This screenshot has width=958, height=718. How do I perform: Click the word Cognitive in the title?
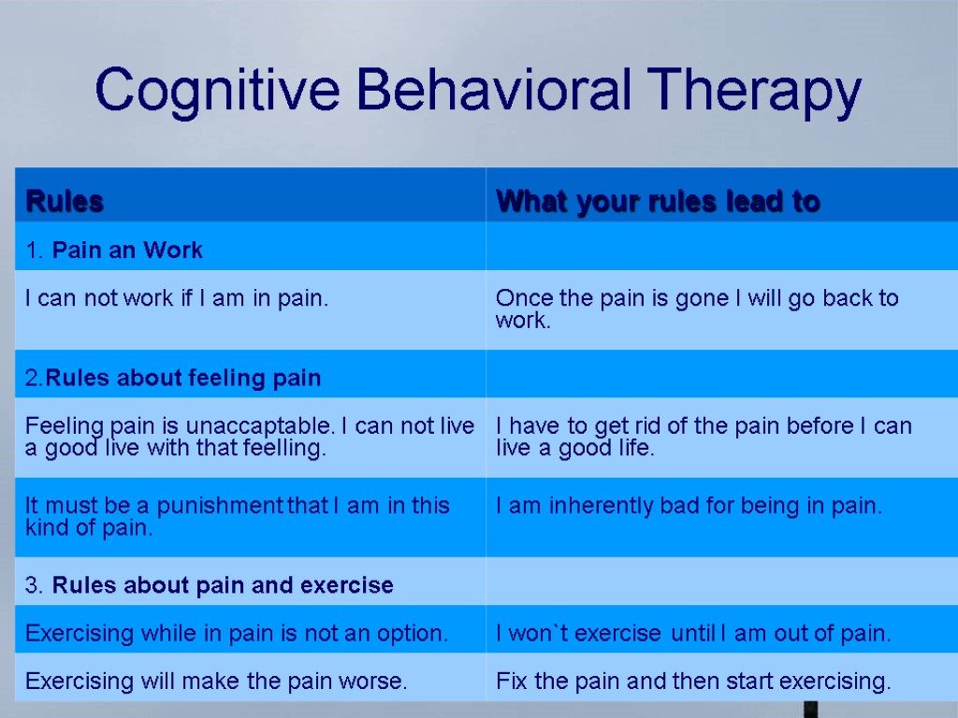(x=218, y=92)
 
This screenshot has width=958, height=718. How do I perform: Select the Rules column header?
(x=65, y=201)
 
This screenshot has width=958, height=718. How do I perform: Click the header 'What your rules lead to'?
(x=658, y=201)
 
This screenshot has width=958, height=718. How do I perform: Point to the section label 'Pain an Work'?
(x=127, y=251)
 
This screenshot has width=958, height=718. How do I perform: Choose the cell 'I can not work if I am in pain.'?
(x=177, y=299)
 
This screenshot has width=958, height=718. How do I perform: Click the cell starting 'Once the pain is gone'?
(x=696, y=309)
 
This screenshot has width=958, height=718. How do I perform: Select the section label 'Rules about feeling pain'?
(x=183, y=378)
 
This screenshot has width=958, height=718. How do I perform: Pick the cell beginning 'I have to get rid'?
(x=703, y=437)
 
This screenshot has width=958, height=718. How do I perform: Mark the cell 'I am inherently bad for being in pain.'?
(x=689, y=506)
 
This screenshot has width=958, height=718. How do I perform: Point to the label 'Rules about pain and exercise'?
(x=223, y=585)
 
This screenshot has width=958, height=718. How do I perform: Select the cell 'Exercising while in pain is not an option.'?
(x=237, y=633)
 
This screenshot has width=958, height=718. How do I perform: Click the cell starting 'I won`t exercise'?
(x=692, y=633)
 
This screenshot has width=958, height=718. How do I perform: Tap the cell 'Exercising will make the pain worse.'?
(x=216, y=681)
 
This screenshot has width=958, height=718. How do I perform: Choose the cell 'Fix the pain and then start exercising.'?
(x=692, y=681)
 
